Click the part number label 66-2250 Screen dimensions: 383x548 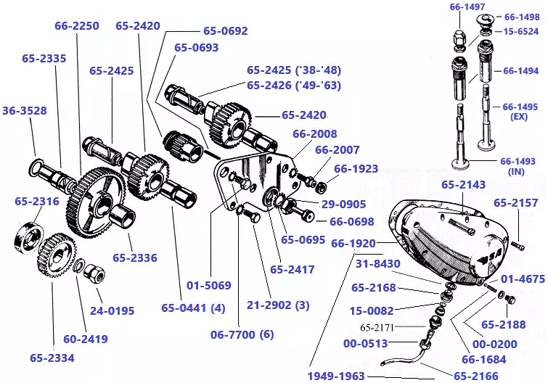76,26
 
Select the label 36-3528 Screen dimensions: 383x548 24,111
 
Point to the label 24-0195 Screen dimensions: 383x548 113,311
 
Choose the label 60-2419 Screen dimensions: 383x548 85,339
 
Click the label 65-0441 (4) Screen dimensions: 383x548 192,308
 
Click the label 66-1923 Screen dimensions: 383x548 356,169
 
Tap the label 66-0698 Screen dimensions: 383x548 351,222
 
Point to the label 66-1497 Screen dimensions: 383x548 467,7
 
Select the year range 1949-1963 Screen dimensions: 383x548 335,376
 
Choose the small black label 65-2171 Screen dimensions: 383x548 377,327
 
